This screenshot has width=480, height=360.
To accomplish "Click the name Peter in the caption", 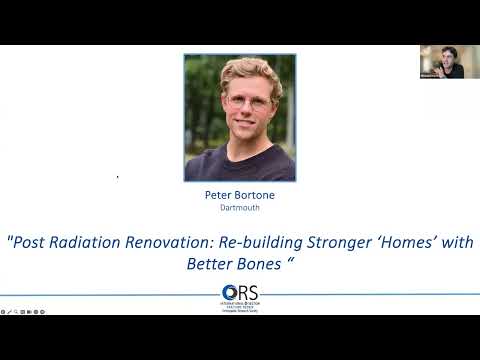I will (x=216, y=195).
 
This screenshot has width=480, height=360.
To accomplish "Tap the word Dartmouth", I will (x=239, y=208).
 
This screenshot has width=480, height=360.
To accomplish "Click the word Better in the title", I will (x=213, y=264).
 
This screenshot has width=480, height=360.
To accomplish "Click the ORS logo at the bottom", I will (x=240, y=297).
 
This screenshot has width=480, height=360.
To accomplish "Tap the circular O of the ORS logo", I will (x=230, y=293).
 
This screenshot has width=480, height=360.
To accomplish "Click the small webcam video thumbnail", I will (x=441, y=61).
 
